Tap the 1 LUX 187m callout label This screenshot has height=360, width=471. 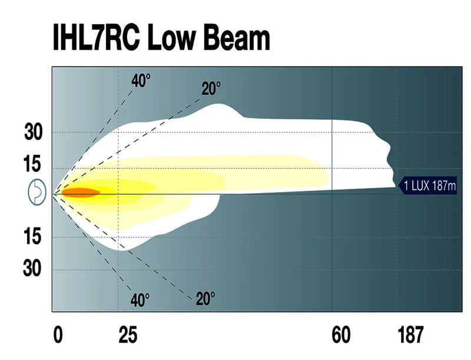click(429, 186)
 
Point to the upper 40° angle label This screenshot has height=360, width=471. click(141, 81)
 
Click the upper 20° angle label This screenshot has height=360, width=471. click(211, 89)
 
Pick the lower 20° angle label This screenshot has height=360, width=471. click(205, 299)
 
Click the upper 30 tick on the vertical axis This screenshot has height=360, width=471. click(34, 133)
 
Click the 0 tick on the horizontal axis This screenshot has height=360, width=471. click(58, 335)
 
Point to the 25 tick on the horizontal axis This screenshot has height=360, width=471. click(128, 335)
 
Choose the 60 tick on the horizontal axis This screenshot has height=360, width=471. click(341, 335)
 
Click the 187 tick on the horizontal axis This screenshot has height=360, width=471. click(410, 335)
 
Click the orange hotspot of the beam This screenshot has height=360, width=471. click(81, 192)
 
